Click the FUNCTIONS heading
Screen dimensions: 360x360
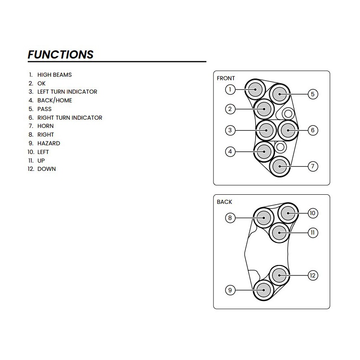pyautogui.click(x=60, y=55)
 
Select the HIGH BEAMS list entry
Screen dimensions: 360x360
pyautogui.click(x=54, y=75)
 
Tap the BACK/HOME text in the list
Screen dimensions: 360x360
pyautogui.click(x=55, y=100)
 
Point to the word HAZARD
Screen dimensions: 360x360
pyautogui.click(x=49, y=143)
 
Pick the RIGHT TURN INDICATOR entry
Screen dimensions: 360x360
pyautogui.click(x=69, y=118)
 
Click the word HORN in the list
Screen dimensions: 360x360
pyautogui.click(x=46, y=126)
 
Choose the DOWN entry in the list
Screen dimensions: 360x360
pyautogui.click(x=46, y=169)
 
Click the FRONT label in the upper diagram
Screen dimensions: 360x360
pyautogui.click(x=226, y=79)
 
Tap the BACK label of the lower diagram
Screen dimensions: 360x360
pyautogui.click(x=224, y=202)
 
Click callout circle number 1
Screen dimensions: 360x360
pyautogui.click(x=230, y=90)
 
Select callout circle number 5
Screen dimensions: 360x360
pyautogui.click(x=313, y=94)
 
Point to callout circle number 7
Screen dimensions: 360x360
pyautogui.click(x=313, y=166)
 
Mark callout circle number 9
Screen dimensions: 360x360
pyautogui.click(x=230, y=290)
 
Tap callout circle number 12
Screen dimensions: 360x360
pyautogui.click(x=313, y=275)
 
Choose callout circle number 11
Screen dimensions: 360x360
pyautogui.click(x=313, y=232)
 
